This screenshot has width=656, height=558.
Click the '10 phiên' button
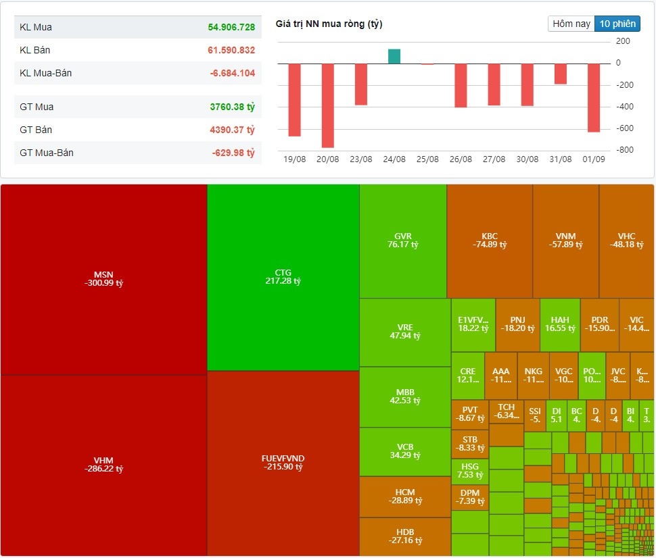click(x=617, y=24)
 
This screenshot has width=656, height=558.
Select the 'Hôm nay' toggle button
click(x=571, y=24)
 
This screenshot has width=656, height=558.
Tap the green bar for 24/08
click(x=394, y=56)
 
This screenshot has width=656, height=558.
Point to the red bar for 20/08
click(x=328, y=105)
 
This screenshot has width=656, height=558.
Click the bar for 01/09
click(x=594, y=98)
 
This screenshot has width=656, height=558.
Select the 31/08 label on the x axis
click(x=561, y=159)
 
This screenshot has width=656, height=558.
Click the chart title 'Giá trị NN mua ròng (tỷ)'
click(x=329, y=24)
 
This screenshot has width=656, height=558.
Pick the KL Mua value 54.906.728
click(x=231, y=28)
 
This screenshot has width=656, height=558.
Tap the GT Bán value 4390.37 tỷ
click(x=231, y=130)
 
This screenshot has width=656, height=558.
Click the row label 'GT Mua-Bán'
click(x=47, y=153)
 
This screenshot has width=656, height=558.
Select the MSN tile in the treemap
click(x=103, y=278)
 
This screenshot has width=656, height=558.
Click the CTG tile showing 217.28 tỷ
click(x=283, y=277)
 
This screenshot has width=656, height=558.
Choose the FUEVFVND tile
click(x=283, y=463)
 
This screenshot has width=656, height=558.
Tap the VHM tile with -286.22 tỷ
click(x=103, y=465)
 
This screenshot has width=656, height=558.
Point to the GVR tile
click(x=403, y=240)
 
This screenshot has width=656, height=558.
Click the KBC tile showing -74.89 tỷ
click(x=490, y=240)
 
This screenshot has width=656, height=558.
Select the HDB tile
click(x=405, y=536)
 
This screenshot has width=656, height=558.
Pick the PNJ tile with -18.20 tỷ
click(x=517, y=324)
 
